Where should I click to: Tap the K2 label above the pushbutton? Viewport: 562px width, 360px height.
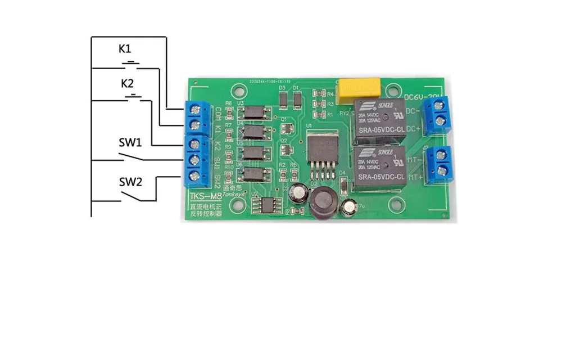[x=128, y=84]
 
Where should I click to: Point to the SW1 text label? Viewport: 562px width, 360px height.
[x=129, y=142]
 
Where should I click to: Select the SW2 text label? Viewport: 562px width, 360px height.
[x=129, y=182]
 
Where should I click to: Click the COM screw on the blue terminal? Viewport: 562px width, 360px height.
[x=197, y=109]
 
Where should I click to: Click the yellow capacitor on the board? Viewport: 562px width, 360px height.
[x=359, y=87]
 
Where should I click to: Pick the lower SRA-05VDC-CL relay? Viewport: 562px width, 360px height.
[x=380, y=166]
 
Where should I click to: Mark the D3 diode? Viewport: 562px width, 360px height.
[x=283, y=100]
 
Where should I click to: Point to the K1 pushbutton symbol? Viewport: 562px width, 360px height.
[x=131, y=64]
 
